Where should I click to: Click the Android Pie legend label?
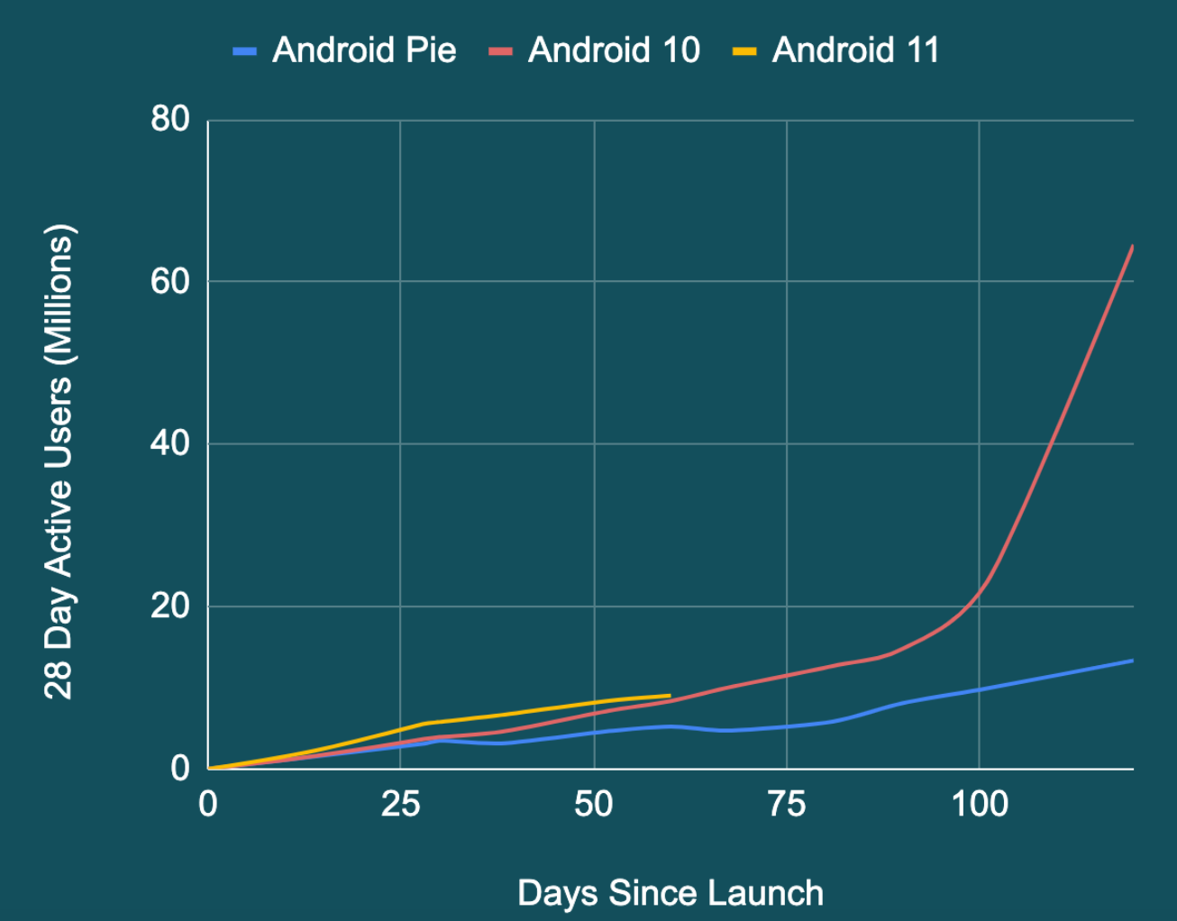(x=364, y=50)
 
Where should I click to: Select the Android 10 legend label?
(x=614, y=50)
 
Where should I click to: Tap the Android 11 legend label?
(x=855, y=50)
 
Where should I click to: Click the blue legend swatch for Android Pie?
(x=244, y=51)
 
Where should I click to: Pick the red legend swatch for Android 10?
(x=500, y=51)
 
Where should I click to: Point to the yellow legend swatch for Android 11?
(x=744, y=51)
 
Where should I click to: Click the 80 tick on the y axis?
(x=170, y=119)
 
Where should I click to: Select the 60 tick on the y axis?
(x=170, y=281)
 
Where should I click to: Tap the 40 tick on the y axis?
(x=170, y=443)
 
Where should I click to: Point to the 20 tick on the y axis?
(x=170, y=606)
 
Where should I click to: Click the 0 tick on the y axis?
(x=180, y=768)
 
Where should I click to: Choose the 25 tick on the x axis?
(x=400, y=803)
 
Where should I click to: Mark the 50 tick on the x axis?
(x=593, y=803)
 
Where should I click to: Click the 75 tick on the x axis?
(x=787, y=803)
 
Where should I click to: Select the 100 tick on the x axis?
(x=980, y=803)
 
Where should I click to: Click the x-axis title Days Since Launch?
(x=671, y=893)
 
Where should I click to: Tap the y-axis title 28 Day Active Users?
(x=59, y=461)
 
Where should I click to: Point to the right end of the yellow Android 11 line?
(x=670, y=696)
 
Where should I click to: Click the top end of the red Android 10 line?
(x=1132, y=246)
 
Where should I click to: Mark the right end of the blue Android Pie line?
(x=1132, y=661)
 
